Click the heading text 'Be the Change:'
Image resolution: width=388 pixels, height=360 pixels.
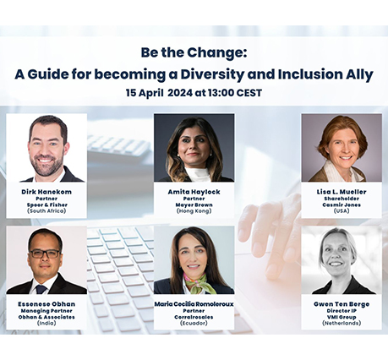pyautogui.click(x=194, y=52)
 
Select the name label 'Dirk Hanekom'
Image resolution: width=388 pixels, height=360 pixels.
pyautogui.click(x=46, y=192)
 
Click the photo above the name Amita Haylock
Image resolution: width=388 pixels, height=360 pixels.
pyautogui.click(x=194, y=148)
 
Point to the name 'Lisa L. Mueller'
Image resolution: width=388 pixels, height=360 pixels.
pyautogui.click(x=342, y=192)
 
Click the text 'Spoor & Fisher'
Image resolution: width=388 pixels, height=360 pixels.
pyautogui.click(x=47, y=205)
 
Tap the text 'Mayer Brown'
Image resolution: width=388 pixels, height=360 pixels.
pyautogui.click(x=194, y=205)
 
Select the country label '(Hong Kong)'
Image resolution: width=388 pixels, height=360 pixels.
pyautogui.click(x=194, y=210)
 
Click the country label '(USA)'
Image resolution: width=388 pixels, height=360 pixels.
pyautogui.click(x=342, y=210)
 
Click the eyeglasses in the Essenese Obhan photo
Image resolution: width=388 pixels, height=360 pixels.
pyautogui.click(x=45, y=254)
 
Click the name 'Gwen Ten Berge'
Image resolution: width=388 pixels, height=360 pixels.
pyautogui.click(x=342, y=304)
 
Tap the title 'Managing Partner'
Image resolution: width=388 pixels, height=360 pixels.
pyautogui.click(x=46, y=311)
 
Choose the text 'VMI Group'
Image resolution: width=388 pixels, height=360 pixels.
pyautogui.click(x=342, y=317)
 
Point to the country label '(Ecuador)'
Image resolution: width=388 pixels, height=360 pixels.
pyautogui.click(x=194, y=323)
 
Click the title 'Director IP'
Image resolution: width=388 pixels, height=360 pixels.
pyautogui.click(x=342, y=311)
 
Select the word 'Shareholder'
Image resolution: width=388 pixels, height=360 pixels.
pyautogui.click(x=342, y=199)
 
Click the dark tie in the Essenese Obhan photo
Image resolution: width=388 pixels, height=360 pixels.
pyautogui.click(x=41, y=289)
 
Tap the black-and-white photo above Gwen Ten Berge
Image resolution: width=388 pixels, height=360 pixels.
pyautogui.click(x=342, y=260)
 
